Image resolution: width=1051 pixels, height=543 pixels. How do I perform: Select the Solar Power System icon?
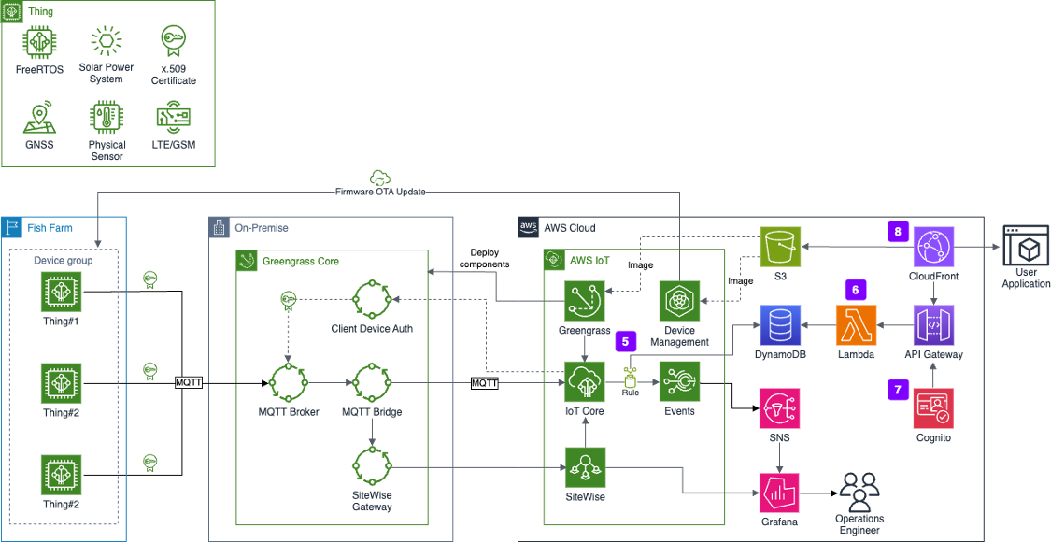click(x=106, y=42)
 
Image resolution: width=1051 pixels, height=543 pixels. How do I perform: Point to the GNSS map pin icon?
click(x=40, y=118)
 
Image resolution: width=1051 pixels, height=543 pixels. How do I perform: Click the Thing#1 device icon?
click(x=61, y=292)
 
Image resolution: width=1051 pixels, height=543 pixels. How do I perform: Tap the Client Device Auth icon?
click(x=371, y=301)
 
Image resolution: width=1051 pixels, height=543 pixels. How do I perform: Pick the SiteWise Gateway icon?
click(x=371, y=467)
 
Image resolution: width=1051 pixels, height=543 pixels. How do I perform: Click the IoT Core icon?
click(x=585, y=383)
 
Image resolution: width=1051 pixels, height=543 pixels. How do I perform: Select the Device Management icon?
click(x=680, y=301)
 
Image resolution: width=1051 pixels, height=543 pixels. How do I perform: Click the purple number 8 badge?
click(x=897, y=231)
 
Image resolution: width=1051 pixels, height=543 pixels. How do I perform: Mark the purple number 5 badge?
click(x=625, y=340)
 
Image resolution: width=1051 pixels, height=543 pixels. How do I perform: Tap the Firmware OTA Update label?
click(x=381, y=192)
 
